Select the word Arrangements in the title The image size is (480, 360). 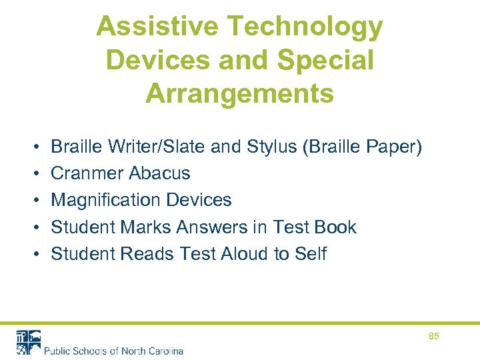tap(239, 93)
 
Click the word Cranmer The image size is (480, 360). tap(87, 173)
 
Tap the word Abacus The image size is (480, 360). tap(159, 173)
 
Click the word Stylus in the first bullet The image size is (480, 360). tap(275, 147)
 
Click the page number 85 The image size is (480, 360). tap(434, 337)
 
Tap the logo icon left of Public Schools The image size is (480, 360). tap(28, 342)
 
